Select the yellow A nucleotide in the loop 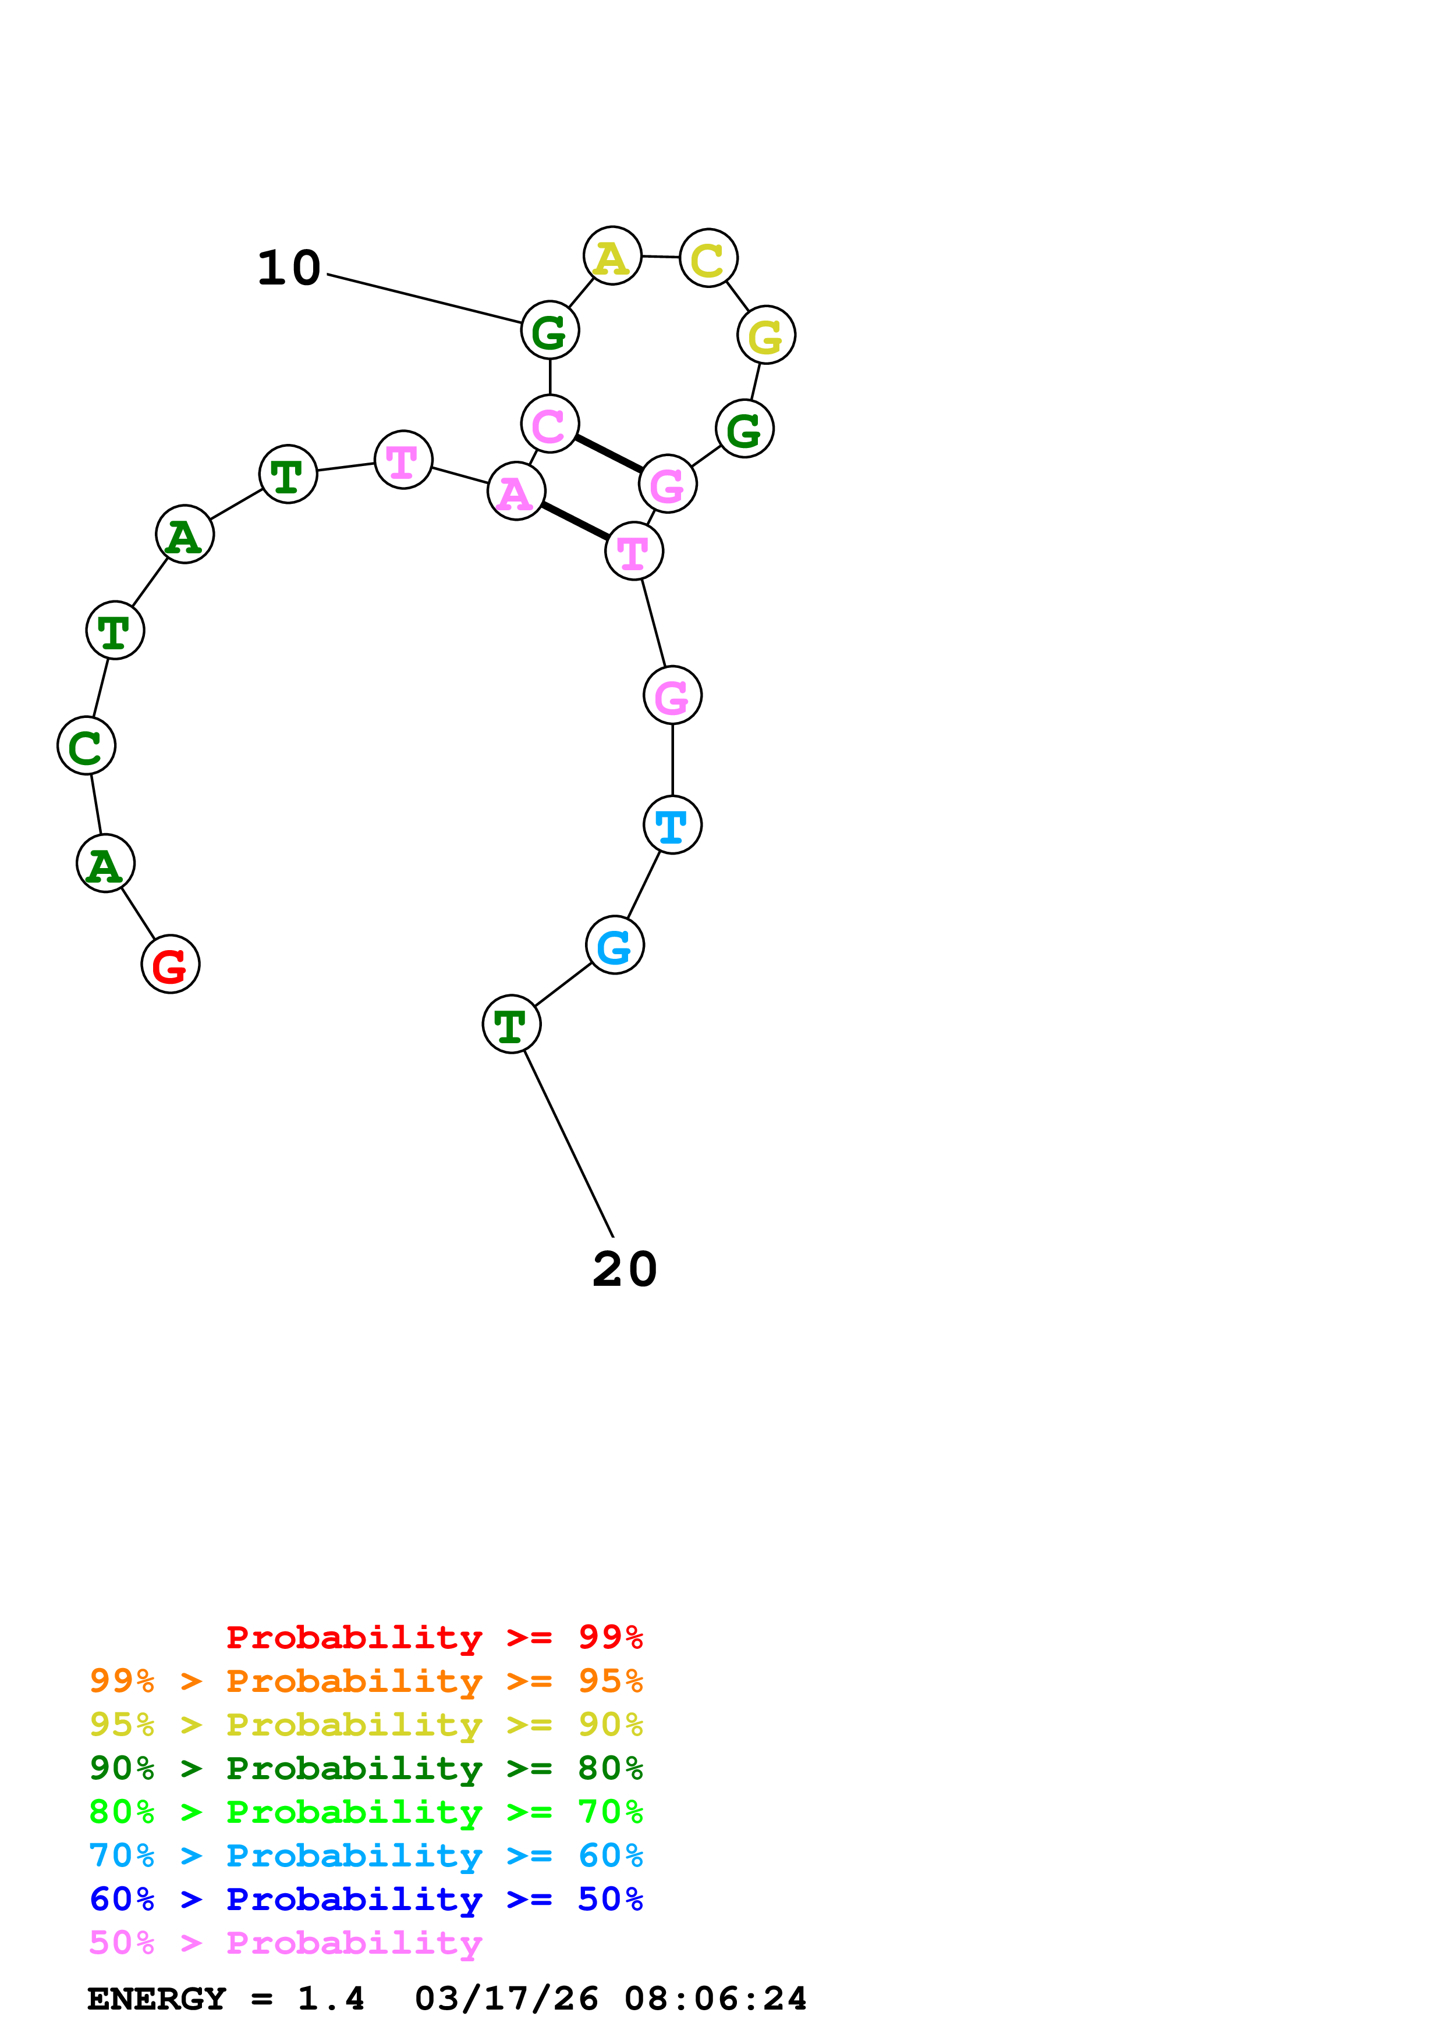point(612,256)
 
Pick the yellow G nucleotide point(765,335)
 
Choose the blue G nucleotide point(614,944)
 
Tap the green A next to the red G point(105,863)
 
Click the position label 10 point(288,268)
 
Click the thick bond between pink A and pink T point(575,521)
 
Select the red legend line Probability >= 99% point(434,1637)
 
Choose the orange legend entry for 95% point(366,1680)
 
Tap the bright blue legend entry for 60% point(366,1855)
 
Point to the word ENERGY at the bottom point(157,1999)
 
